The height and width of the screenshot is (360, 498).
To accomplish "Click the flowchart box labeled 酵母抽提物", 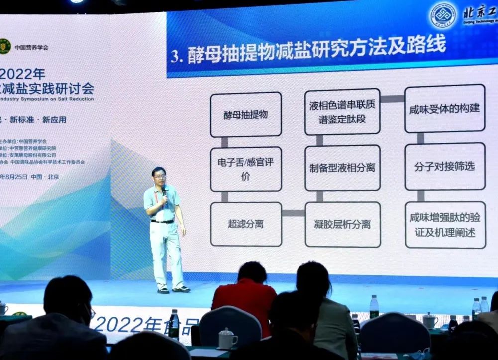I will pyautogui.click(x=245, y=115).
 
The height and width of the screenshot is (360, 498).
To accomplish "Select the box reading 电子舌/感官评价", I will pyautogui.click(x=245, y=169).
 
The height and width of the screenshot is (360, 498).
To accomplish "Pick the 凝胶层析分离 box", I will pyautogui.click(x=342, y=224).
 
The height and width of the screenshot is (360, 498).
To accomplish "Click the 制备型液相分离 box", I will pyautogui.click(x=342, y=168).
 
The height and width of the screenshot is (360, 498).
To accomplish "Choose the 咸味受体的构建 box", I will pyautogui.click(x=444, y=109).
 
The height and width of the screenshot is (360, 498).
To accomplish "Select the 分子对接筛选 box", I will pyautogui.click(x=444, y=166).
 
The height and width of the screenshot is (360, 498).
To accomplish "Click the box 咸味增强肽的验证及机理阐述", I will pyautogui.click(x=445, y=225).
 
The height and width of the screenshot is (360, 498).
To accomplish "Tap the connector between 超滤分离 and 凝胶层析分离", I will pyautogui.click(x=294, y=213).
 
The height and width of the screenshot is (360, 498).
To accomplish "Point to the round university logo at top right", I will pyautogui.click(x=442, y=15).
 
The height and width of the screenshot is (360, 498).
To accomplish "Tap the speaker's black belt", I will pyautogui.click(x=162, y=221).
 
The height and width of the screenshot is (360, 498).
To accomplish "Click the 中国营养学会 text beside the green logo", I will pyautogui.click(x=31, y=48).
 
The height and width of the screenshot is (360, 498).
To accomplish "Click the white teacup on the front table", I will pyautogui.click(x=228, y=339).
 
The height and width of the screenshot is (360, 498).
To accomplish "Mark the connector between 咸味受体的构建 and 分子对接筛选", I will pyautogui.click(x=421, y=138).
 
